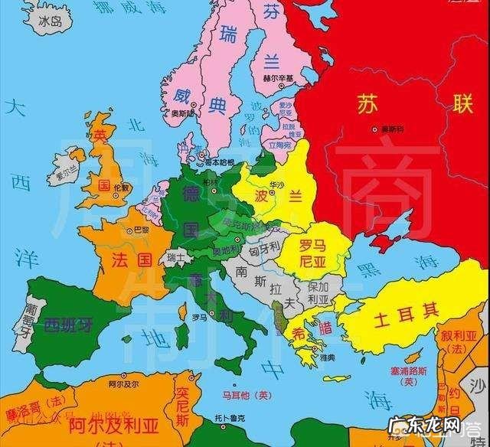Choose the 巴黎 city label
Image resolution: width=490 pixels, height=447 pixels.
(x=141, y=230)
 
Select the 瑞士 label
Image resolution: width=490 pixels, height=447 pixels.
(x=178, y=257)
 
